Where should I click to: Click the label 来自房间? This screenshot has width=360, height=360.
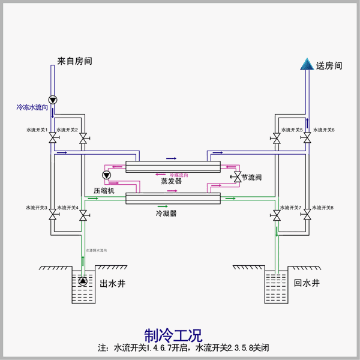click(75, 61)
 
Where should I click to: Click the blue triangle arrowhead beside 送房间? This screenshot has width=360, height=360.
click(307, 64)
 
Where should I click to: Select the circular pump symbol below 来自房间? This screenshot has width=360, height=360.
click(52, 100)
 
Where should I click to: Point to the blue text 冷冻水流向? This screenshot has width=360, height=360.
click(33, 108)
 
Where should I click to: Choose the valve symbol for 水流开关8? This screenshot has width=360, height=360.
click(307, 214)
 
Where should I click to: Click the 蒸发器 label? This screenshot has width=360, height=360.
click(171, 181)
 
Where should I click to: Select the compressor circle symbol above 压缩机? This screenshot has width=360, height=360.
click(107, 176)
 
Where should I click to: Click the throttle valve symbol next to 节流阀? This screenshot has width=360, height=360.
click(237, 178)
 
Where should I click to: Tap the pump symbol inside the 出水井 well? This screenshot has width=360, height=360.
click(83, 281)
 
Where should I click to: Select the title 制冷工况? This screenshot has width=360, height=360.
click(173, 334)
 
